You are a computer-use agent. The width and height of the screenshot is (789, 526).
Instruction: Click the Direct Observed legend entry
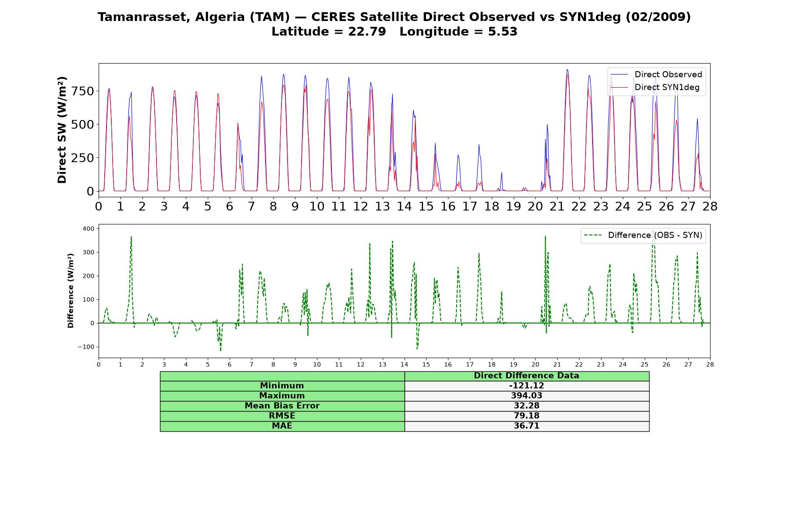coord(656,75)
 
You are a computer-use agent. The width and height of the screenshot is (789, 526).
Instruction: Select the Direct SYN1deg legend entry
coord(655,87)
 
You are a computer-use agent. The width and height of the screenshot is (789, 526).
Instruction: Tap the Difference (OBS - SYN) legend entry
coord(643,235)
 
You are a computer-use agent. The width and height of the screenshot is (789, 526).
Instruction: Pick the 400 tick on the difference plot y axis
coord(88,228)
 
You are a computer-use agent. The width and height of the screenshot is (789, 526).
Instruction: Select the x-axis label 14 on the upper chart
coord(404,206)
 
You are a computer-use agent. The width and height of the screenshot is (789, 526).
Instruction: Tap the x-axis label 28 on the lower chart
coord(710,364)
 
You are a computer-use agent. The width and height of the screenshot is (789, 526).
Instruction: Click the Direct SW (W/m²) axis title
coord(62,130)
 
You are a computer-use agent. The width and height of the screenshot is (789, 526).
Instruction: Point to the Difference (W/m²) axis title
coord(71,291)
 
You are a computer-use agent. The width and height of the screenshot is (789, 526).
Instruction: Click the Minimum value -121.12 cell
coord(526,386)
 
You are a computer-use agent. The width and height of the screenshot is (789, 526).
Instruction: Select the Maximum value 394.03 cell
coord(526,396)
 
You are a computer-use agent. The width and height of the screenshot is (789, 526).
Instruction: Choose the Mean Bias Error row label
coord(282,406)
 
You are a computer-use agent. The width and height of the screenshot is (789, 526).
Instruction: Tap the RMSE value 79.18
coord(526,416)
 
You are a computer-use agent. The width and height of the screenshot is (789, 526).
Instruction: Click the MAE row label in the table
coord(282,426)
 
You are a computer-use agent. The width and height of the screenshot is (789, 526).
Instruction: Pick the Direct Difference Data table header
coord(526,376)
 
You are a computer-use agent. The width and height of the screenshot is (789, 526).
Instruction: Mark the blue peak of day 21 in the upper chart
coord(567,69)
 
